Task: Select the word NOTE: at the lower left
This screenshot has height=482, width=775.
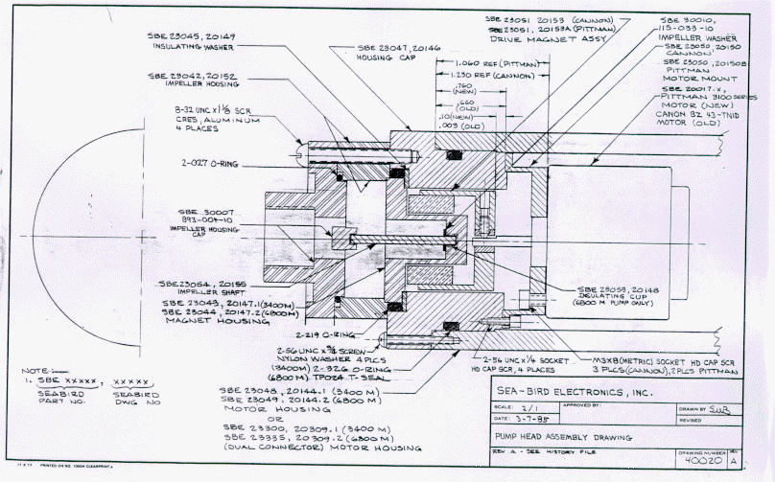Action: (35, 371)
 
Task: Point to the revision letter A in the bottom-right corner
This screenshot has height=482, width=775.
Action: (734, 462)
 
